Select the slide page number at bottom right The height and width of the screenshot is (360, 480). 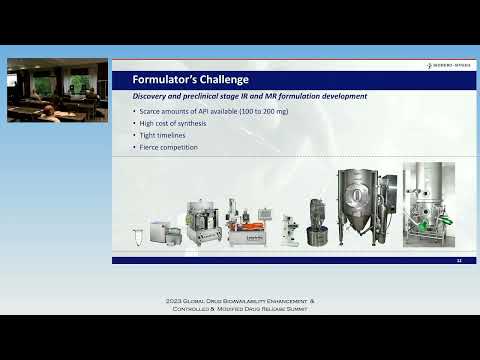tap(458, 261)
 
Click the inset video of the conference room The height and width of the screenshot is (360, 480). tap(57, 90)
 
